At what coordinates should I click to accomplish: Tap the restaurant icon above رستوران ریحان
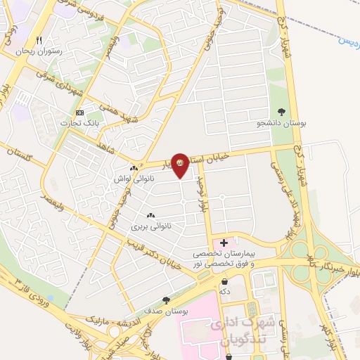click(39, 40)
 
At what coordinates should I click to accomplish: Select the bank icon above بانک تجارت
click(79, 112)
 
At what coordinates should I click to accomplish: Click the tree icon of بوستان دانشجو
click(282, 111)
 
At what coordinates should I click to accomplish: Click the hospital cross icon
click(224, 243)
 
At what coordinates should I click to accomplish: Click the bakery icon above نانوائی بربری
click(150, 215)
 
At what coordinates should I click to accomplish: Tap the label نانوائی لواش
click(133, 179)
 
